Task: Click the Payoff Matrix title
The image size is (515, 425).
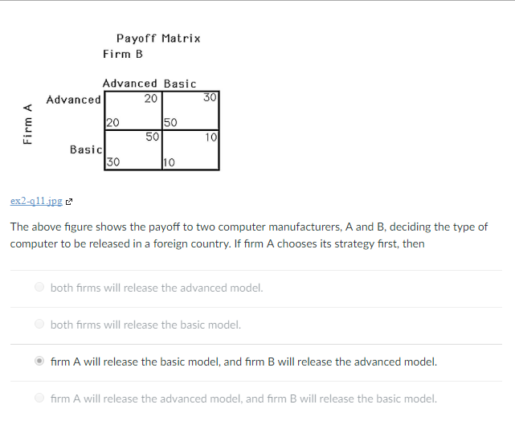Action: click(158, 38)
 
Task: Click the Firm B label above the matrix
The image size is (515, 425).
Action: click(123, 54)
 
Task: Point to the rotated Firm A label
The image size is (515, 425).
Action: click(28, 125)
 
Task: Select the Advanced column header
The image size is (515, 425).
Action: click(130, 84)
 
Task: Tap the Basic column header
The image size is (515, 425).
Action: click(180, 84)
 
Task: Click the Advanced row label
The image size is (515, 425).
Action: click(73, 100)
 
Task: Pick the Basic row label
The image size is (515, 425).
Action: click(85, 149)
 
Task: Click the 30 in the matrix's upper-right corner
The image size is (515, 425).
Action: click(210, 99)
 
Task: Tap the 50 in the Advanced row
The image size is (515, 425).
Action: click(170, 123)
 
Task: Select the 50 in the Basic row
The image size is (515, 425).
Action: click(152, 137)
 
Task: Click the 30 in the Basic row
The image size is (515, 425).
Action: click(113, 161)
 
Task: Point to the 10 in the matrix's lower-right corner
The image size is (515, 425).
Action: click(211, 137)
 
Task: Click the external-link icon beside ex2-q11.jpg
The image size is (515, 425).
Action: click(69, 200)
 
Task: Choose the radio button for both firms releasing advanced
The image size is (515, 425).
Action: click(39, 288)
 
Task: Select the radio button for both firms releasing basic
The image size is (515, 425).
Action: click(39, 325)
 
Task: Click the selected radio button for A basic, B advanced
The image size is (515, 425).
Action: click(39, 362)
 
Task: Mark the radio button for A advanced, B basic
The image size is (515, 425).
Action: click(39, 398)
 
